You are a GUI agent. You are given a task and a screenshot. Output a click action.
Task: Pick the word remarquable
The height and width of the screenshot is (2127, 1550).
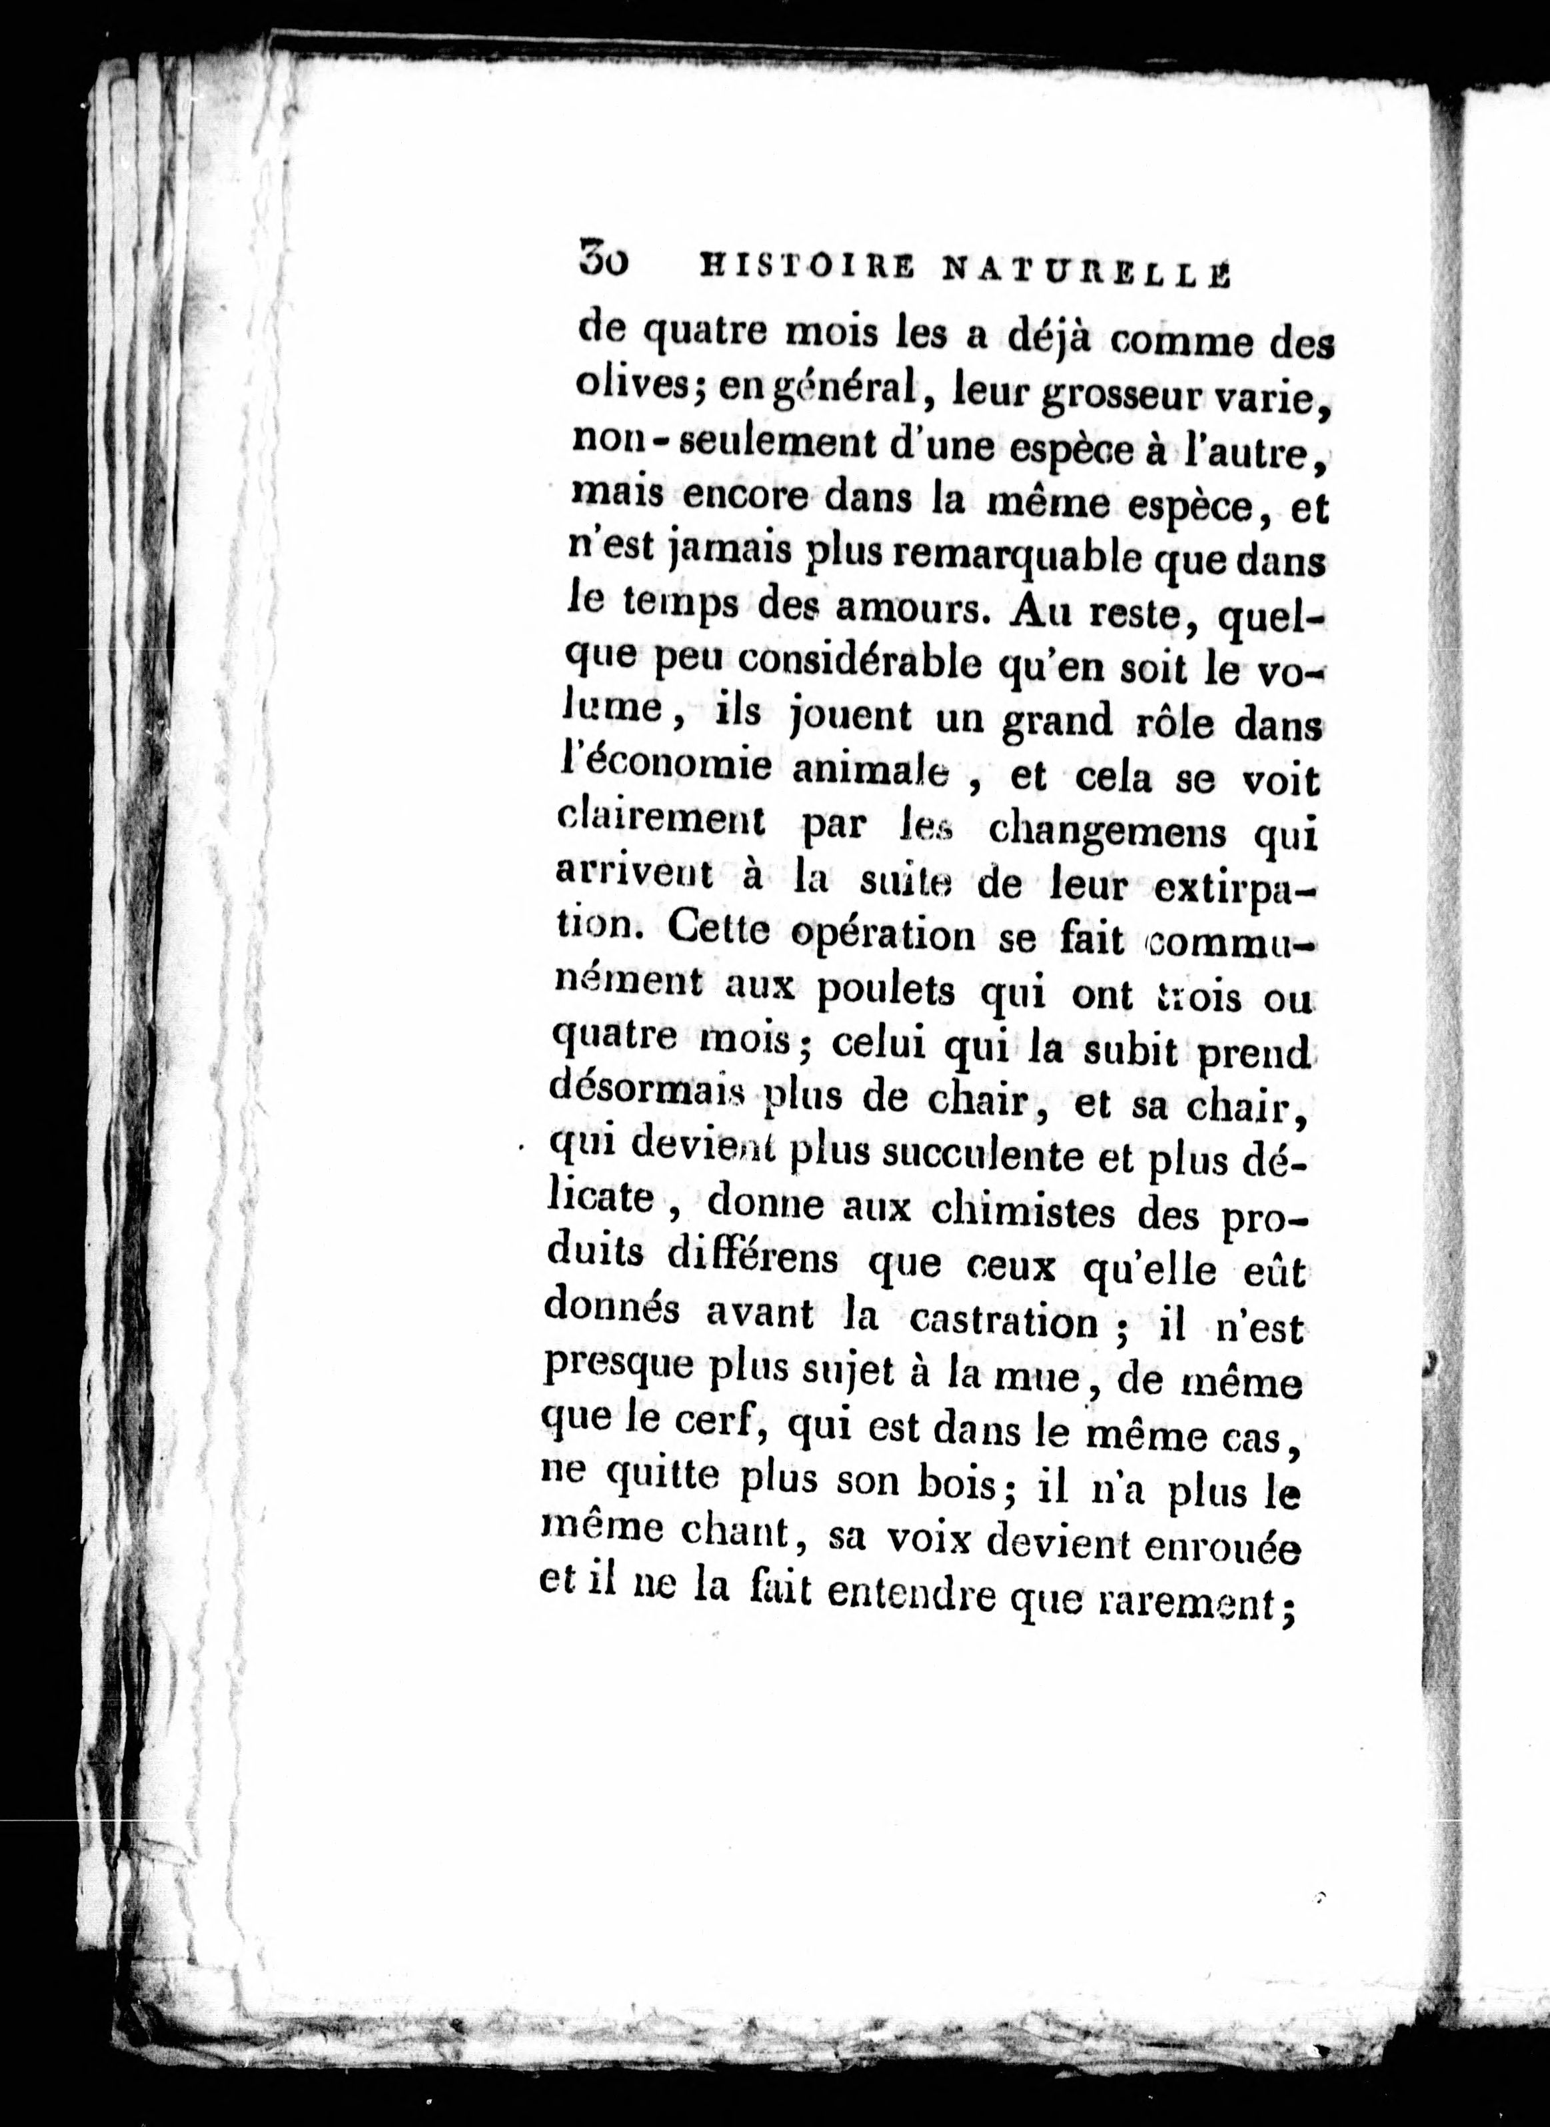tap(1012, 561)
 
